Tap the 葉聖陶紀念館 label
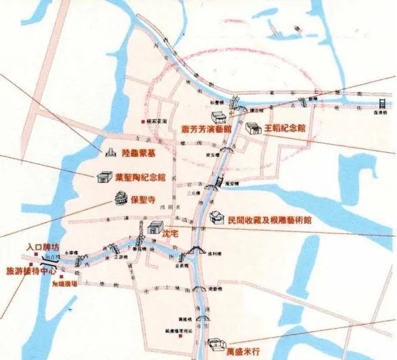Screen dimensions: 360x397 [x=140, y=178]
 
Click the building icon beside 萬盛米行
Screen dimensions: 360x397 [x=217, y=342]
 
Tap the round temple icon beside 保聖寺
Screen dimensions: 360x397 [x=121, y=199]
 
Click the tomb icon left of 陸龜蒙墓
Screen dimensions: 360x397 [x=108, y=152]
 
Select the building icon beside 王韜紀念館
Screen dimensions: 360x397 [x=253, y=127]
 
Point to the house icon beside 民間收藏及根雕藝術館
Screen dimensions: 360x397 [x=217, y=217]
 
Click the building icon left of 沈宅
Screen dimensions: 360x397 [x=154, y=228]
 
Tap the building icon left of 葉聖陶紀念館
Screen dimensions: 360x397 [x=104, y=177]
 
